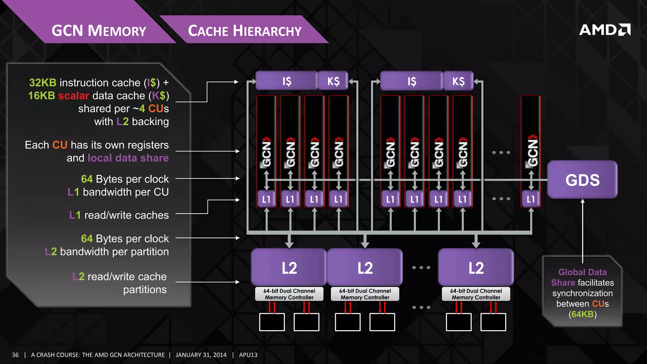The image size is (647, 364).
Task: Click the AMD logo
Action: point(605,30)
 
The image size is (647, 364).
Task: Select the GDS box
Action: point(582,180)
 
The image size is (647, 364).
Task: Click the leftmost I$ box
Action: point(287,81)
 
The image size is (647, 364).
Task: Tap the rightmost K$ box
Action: point(458,81)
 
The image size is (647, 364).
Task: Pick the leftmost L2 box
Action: point(289,268)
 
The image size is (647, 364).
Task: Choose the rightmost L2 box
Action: point(476,268)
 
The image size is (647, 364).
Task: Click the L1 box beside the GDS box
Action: point(531,199)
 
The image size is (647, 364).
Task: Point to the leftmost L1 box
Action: point(266,199)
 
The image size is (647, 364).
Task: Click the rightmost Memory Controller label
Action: point(476,294)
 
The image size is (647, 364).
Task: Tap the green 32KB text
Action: point(43,82)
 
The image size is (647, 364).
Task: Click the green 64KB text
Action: point(583,314)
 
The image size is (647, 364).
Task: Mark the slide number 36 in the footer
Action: point(15,355)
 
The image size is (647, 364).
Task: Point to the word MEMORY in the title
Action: point(117,31)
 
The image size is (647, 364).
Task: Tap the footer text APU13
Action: point(248,355)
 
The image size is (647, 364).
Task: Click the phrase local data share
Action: point(128,158)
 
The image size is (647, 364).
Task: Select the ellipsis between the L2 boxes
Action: point(421,268)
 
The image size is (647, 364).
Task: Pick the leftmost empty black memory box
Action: point(272,322)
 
